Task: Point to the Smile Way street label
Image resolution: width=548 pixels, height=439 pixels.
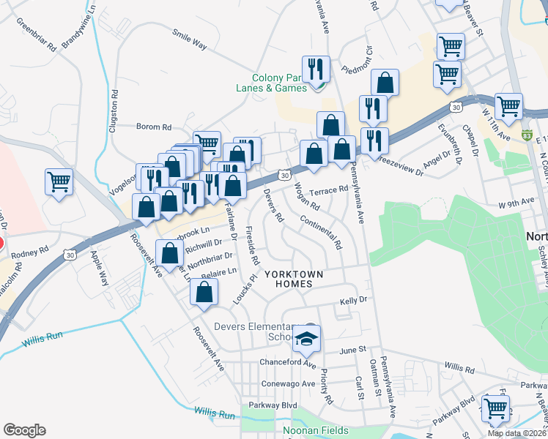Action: click(190, 38)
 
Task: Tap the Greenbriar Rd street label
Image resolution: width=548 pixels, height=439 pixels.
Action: click(37, 35)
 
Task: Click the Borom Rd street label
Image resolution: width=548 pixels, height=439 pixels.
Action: click(155, 127)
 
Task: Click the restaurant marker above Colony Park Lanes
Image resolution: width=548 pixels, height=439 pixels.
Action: click(316, 70)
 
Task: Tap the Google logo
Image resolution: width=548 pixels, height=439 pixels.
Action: click(24, 430)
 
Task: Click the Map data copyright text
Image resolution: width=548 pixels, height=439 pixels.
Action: click(516, 433)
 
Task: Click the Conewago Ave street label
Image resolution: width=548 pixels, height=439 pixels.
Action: click(287, 383)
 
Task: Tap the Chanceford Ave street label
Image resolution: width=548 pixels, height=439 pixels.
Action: click(287, 363)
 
